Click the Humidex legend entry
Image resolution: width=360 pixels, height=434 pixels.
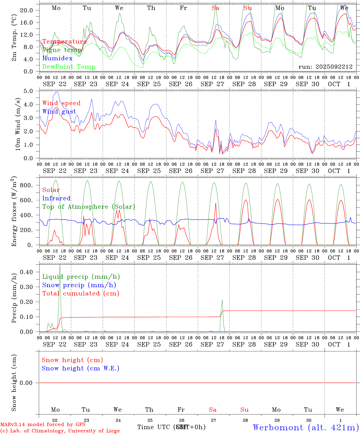pos(57,58)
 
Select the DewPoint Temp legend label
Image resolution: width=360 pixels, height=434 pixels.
pos(69,67)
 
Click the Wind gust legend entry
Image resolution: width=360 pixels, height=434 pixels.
pos(59,112)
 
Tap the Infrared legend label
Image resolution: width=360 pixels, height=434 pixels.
pos(56,198)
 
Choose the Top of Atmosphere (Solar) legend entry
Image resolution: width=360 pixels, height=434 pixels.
pos(88,207)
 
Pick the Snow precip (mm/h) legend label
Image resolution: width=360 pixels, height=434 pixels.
pos(79,285)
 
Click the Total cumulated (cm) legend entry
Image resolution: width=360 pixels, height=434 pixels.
pos(81,294)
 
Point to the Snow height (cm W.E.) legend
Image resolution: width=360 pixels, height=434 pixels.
pos(80,368)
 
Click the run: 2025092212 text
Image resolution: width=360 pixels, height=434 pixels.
pos(325,67)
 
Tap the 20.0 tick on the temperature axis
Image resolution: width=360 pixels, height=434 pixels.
pos(27,10)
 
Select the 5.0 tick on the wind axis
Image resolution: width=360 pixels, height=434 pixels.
pos(29,91)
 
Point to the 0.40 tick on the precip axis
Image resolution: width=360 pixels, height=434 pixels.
pos(27,272)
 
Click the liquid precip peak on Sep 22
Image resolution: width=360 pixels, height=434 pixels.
pos(60,266)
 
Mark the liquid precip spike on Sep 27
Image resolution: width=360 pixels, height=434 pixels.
pos(222,300)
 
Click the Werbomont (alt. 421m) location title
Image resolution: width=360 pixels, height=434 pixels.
pos(305,427)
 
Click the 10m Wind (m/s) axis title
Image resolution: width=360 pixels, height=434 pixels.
pos(18,124)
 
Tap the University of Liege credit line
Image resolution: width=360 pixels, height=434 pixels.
pos(60,431)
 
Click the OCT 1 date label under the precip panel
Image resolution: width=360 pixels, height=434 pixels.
pos(339,344)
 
